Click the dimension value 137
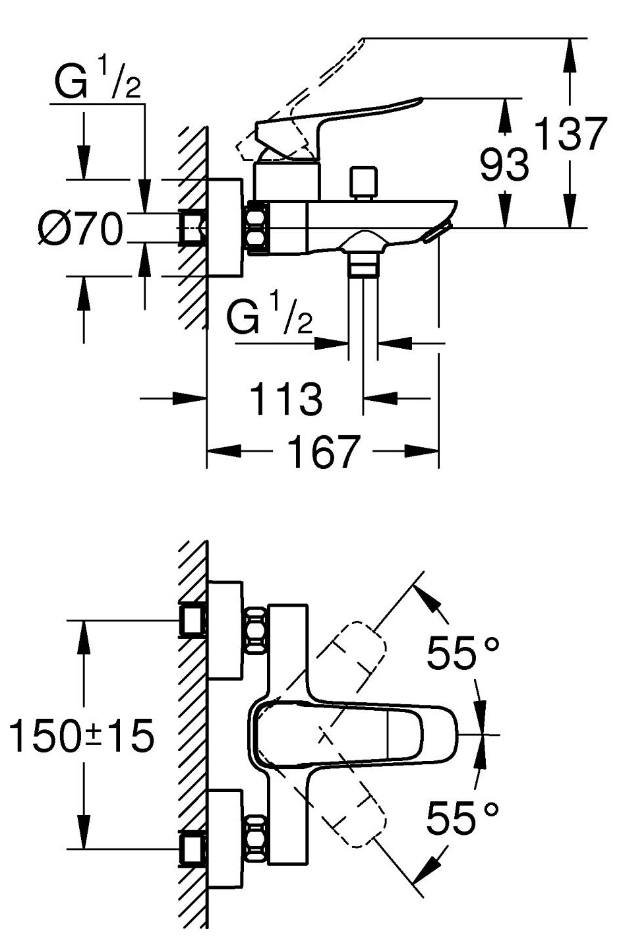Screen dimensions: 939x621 [x=571, y=135]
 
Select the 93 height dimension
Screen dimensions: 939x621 [x=504, y=164]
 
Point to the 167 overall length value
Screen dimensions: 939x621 [x=323, y=452]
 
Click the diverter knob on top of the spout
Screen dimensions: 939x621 [x=362, y=182]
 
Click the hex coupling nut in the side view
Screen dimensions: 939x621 [x=258, y=228]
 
